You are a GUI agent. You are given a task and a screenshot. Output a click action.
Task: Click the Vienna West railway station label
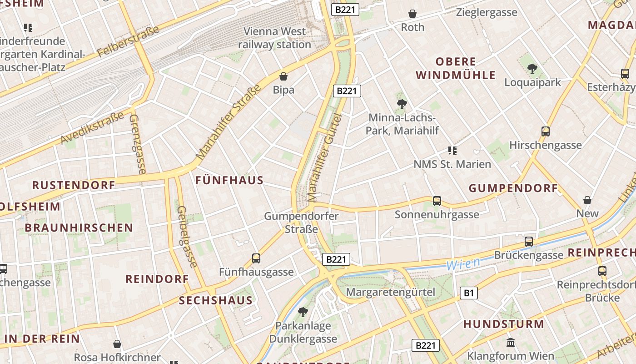tap(274, 38)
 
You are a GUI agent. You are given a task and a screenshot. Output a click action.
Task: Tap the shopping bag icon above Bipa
tap(283, 76)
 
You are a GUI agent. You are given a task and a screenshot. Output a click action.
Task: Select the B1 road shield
tap(468, 293)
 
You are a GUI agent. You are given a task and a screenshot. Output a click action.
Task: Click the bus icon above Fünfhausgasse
tap(256, 258)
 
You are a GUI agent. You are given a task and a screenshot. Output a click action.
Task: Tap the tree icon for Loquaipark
tap(532, 69)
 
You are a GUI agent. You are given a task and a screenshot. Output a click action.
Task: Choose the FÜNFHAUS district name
tap(229, 180)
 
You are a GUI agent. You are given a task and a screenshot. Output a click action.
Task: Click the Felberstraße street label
tap(128, 41)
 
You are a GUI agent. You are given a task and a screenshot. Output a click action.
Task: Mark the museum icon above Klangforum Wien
tap(511, 342)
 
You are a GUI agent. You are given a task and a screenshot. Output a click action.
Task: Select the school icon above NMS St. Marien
tap(452, 151)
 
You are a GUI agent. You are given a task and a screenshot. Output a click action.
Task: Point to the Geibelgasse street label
tap(187, 237)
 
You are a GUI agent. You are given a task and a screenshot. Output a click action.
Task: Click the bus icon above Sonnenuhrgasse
tap(437, 201)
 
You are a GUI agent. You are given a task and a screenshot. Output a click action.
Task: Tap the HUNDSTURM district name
tap(503, 324)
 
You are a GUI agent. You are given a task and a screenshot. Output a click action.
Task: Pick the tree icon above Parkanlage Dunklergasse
tap(303, 312)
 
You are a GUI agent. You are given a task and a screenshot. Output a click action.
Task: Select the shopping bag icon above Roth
tap(412, 14)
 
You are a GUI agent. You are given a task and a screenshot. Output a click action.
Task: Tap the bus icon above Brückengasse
tap(529, 242)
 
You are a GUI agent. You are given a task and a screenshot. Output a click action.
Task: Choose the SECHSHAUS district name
tap(215, 300)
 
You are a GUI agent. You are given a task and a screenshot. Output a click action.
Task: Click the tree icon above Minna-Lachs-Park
tap(402, 104)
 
